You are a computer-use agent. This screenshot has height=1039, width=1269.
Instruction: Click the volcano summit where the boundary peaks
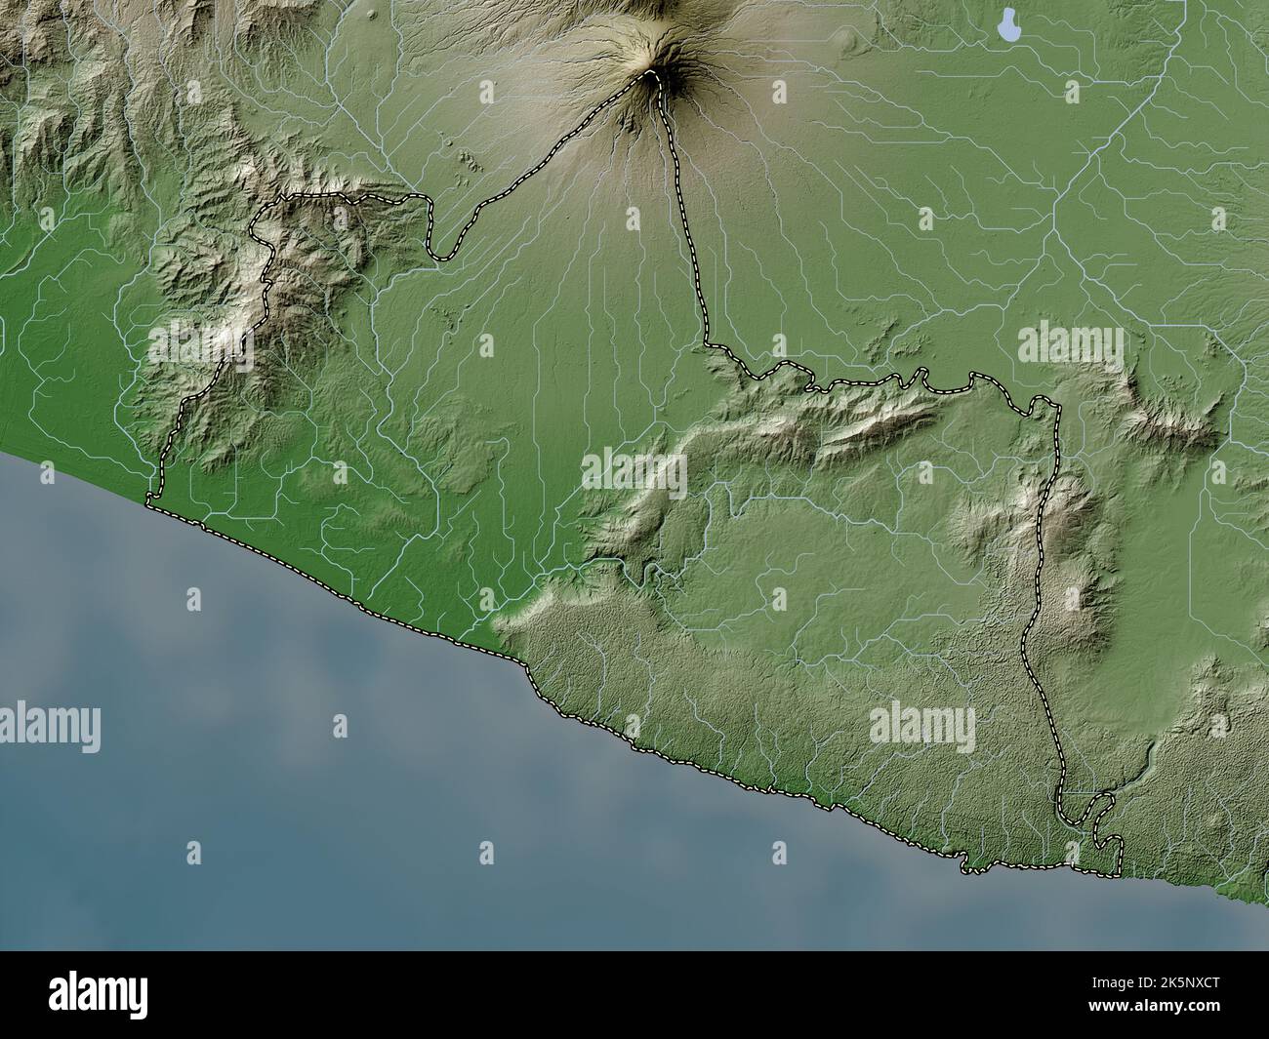(652, 75)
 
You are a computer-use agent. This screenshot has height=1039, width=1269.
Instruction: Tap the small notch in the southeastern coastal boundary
(965, 863)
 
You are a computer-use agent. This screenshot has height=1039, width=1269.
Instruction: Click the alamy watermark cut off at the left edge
(49, 727)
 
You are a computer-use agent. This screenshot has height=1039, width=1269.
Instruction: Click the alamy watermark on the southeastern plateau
(921, 724)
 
